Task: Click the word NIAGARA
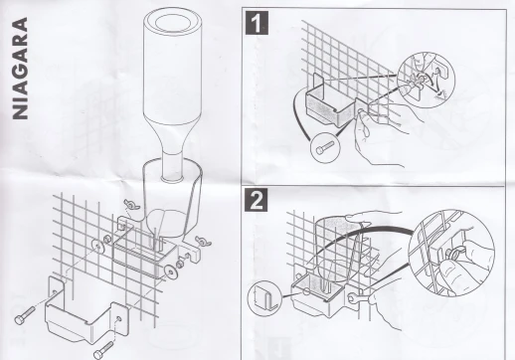20,69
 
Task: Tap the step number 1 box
257,23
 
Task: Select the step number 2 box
257,200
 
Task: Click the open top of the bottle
173,23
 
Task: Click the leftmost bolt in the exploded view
25,315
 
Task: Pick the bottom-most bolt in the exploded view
103,350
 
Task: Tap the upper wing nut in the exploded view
131,205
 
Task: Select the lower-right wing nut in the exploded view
203,242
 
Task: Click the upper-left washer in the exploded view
97,246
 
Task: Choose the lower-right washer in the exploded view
171,272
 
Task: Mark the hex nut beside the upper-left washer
107,239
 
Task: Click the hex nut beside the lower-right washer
180,265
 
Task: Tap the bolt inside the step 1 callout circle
325,147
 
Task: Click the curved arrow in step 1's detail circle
430,80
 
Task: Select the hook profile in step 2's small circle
263,297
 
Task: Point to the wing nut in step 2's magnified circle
453,255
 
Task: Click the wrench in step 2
359,297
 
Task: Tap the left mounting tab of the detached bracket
56,290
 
